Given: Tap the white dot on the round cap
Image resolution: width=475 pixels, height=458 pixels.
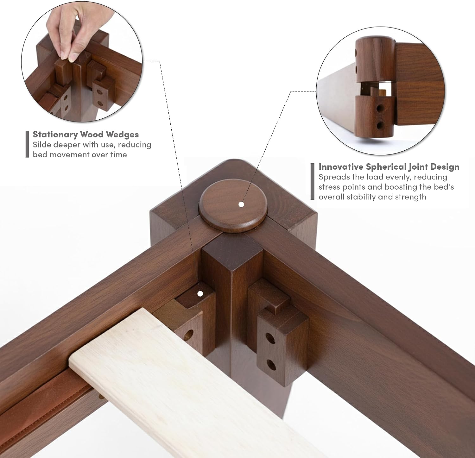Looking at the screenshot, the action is click(x=241, y=204).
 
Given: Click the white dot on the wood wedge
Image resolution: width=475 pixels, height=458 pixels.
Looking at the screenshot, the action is click(x=200, y=294).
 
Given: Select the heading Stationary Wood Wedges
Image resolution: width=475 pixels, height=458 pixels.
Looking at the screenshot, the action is click(x=86, y=135).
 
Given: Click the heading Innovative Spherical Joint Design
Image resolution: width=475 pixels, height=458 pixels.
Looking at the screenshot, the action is click(x=389, y=167).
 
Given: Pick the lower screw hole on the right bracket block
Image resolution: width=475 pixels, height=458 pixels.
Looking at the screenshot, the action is click(x=271, y=365).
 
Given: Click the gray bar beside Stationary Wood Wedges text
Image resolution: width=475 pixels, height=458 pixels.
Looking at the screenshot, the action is click(x=27, y=144).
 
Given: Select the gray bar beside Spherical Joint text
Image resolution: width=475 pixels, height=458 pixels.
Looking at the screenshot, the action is click(x=313, y=181).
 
